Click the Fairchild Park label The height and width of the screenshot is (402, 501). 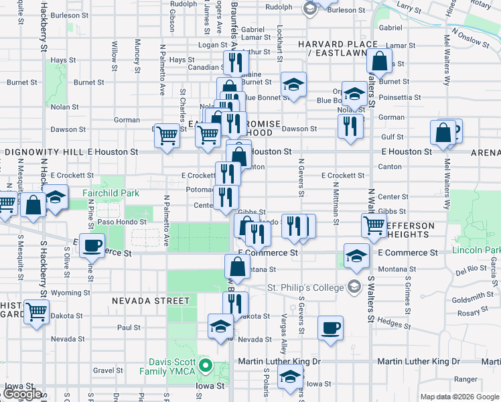(111, 193)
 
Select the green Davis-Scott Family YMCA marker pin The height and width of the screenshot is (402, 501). (207, 366)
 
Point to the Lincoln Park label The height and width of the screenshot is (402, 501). (476, 251)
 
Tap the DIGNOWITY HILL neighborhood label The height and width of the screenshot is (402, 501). (44, 152)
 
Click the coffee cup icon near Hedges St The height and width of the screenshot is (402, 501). (330, 328)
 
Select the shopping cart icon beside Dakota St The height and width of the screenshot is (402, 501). (37, 311)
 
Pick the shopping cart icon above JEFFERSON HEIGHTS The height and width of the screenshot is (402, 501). (374, 224)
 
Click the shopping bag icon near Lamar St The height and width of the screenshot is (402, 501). (379, 62)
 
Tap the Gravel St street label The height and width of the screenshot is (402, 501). (109, 370)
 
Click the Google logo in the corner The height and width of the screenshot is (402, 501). (22, 394)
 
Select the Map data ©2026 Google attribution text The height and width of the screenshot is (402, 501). (459, 397)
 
